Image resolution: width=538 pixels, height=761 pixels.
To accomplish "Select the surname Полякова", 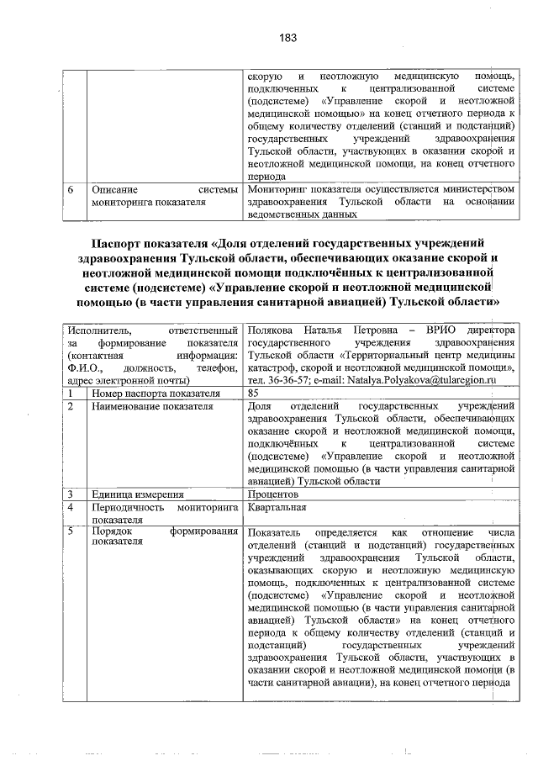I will click(272, 330).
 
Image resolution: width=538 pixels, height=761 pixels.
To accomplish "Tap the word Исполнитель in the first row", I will click(101, 330).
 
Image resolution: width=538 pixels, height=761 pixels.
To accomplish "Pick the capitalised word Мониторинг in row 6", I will click(282, 190).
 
